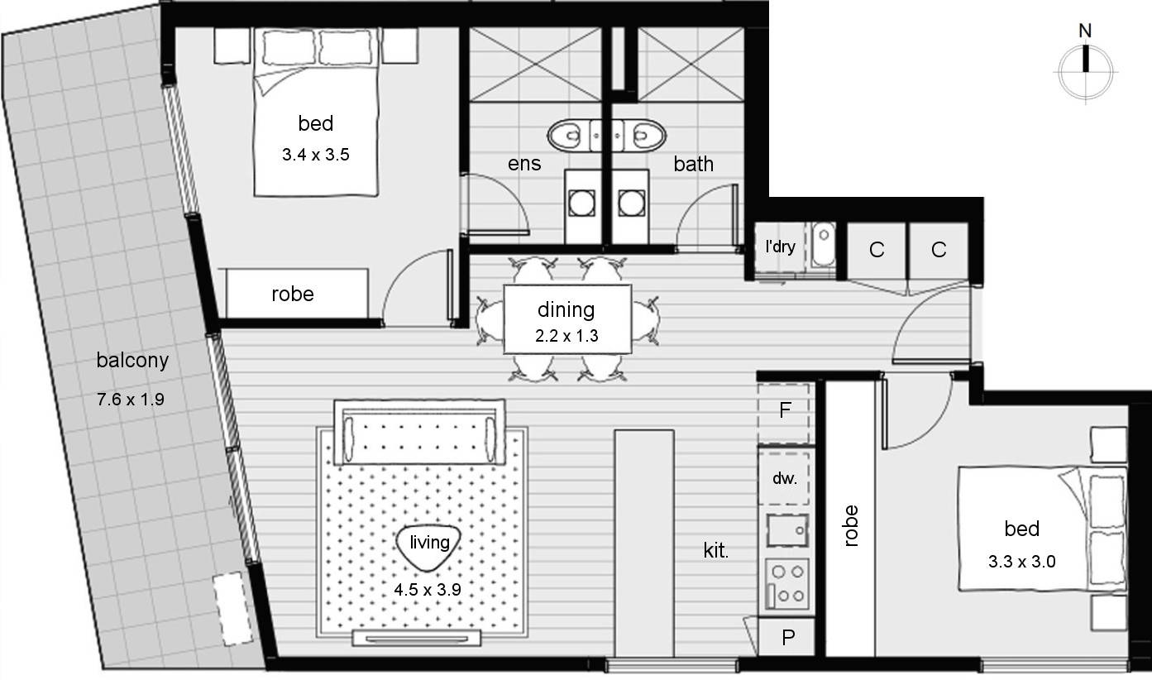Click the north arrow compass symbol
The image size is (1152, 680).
pyautogui.click(x=1085, y=70)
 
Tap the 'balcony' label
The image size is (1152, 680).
pyautogui.click(x=132, y=360)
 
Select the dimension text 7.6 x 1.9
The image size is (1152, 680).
pyautogui.click(x=131, y=400)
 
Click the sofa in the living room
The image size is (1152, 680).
pyautogui.click(x=419, y=433)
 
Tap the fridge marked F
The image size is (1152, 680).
pyautogui.click(x=785, y=409)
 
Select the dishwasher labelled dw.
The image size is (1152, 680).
pyautogui.click(x=785, y=477)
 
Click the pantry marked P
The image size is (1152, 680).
pyautogui.click(x=788, y=637)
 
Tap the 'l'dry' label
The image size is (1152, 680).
pyautogui.click(x=781, y=247)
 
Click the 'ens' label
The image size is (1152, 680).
pyautogui.click(x=524, y=164)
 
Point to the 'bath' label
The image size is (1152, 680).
pyautogui.click(x=693, y=164)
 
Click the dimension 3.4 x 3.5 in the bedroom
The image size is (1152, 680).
pyautogui.click(x=316, y=154)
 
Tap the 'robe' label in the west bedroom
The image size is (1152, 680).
pyautogui.click(x=293, y=294)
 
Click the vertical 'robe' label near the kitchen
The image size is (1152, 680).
pyautogui.click(x=851, y=525)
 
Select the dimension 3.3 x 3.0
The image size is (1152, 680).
pyautogui.click(x=1021, y=562)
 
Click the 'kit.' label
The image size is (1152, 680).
pyautogui.click(x=716, y=551)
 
